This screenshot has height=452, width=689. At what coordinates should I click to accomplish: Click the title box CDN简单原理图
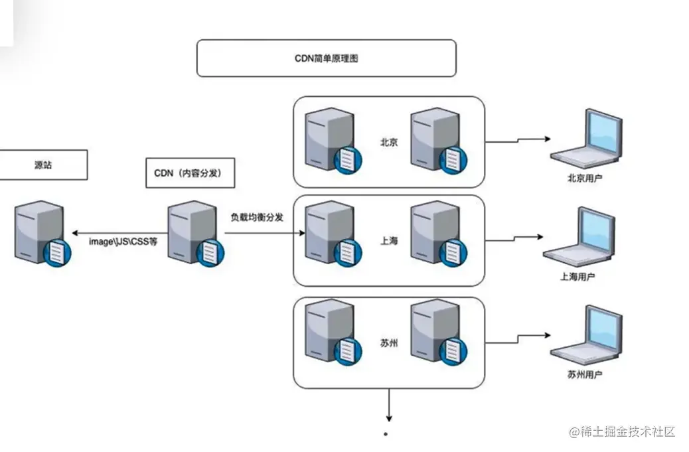(326, 58)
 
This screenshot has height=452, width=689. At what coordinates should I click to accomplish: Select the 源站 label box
(42, 165)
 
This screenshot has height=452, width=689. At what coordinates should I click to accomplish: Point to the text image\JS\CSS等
(123, 242)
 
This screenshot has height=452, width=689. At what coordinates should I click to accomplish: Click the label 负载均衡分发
(257, 217)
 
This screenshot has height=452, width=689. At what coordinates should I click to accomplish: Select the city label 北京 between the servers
(389, 142)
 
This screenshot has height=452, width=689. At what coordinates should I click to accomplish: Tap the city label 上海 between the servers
(389, 241)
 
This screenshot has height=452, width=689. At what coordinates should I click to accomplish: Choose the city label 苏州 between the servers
(389, 343)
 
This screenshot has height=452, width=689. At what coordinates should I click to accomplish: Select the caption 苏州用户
(585, 375)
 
